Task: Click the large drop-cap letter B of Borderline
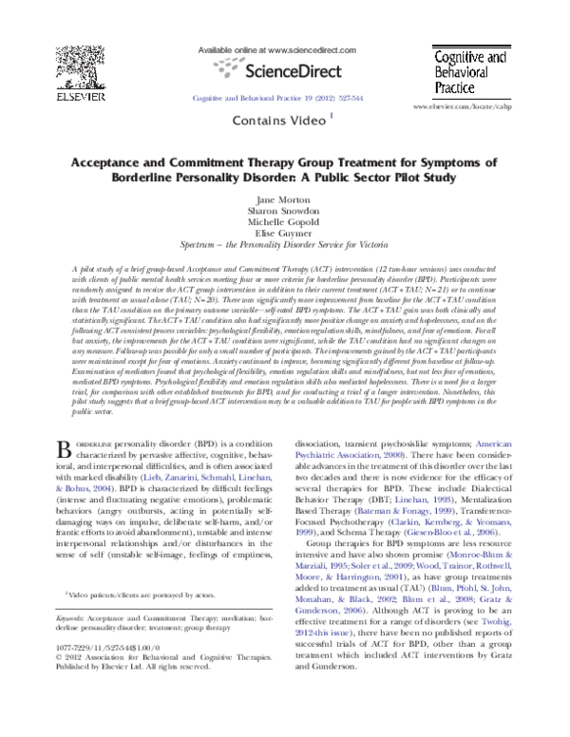point(65,449)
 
